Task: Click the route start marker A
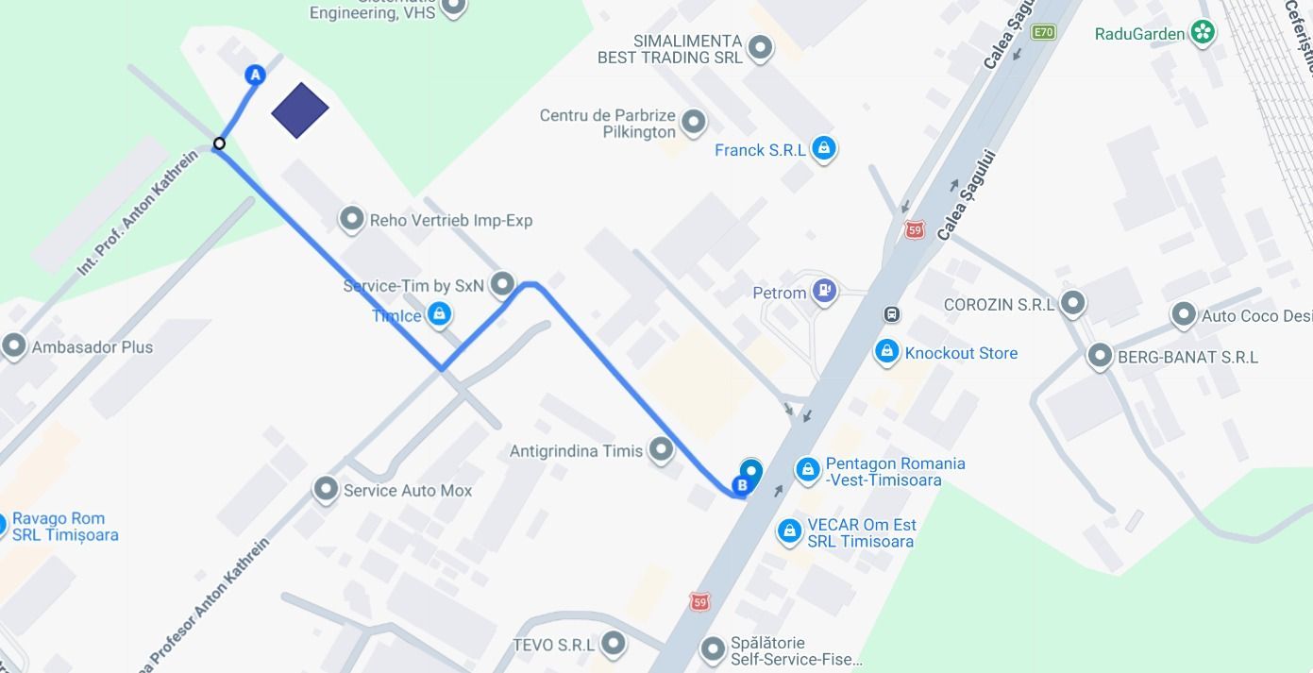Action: point(254,76)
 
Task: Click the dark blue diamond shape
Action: point(299,110)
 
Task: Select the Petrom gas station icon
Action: point(824,293)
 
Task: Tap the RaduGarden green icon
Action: point(1202,34)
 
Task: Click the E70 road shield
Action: point(1043,32)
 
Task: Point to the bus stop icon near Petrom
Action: point(891,314)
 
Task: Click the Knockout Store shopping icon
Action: point(885,352)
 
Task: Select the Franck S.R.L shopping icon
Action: point(824,148)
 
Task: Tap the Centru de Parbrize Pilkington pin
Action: point(694,122)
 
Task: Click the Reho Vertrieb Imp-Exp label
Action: point(450,220)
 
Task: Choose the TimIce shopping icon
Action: point(439,314)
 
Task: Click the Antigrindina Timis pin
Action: point(662,450)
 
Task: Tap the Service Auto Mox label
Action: point(407,490)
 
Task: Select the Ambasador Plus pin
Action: point(13,346)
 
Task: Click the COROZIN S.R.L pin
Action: point(1072,304)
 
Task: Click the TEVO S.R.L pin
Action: point(614,644)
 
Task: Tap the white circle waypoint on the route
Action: point(219,143)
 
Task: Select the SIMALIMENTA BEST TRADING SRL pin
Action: point(760,47)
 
